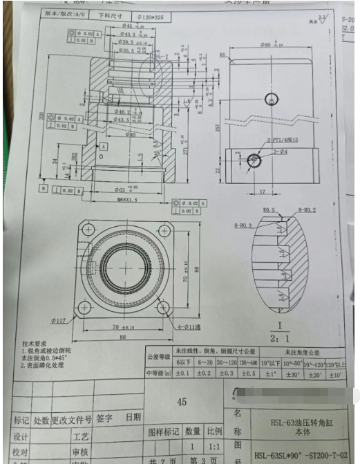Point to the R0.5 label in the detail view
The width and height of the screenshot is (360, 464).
[x=270, y=210]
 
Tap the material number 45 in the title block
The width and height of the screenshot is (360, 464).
[x=182, y=401]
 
